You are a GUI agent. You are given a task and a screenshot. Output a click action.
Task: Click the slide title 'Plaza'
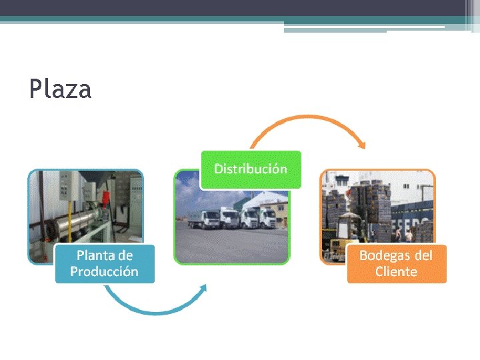tap(60, 89)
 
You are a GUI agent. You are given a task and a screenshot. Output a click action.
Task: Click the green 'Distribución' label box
tap(251, 169)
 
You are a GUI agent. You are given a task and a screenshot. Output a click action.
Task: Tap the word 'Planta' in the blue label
tap(95, 255)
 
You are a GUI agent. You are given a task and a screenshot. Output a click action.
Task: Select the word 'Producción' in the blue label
tap(104, 272)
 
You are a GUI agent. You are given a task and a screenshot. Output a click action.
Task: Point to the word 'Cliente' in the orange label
tap(396, 272)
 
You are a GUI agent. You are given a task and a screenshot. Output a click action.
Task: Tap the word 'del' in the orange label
tap(422, 255)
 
